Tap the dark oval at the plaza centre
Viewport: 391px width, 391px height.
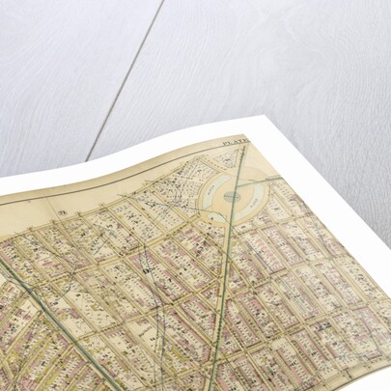click(233, 196)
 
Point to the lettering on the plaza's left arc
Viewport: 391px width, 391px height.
click(210, 193)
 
